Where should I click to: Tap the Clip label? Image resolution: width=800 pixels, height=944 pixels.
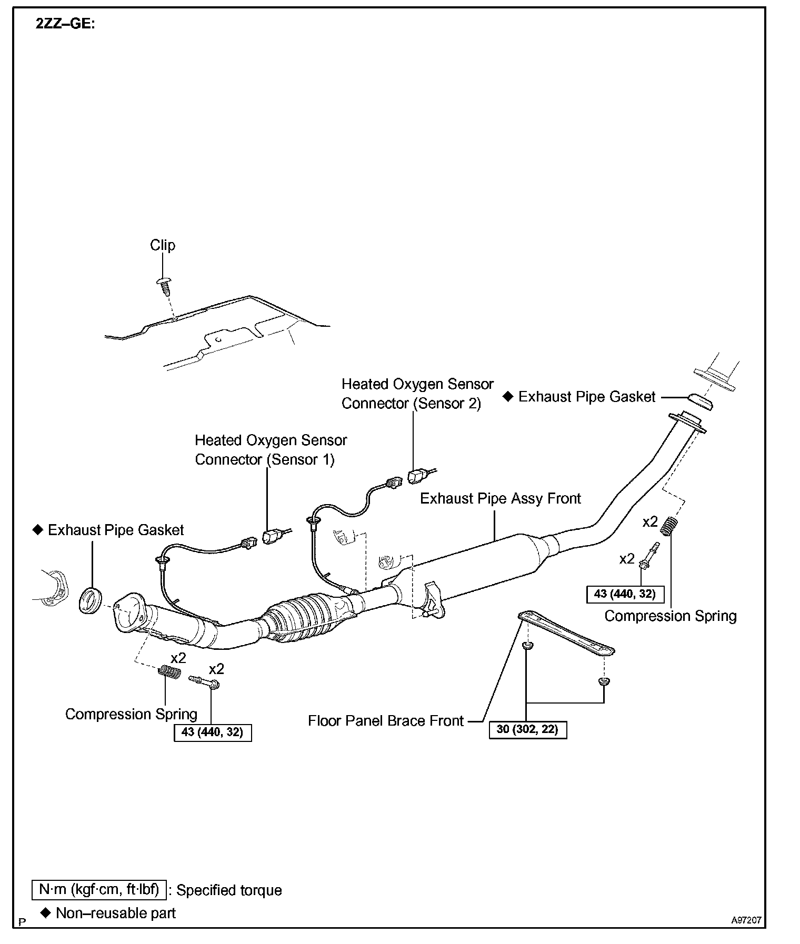(163, 245)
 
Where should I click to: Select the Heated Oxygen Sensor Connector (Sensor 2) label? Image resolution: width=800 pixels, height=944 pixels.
(417, 394)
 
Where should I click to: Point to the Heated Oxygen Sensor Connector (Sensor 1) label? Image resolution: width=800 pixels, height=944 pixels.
(271, 450)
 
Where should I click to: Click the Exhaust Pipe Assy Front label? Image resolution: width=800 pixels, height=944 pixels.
(500, 498)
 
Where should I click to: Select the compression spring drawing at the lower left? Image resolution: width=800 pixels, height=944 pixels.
(170, 672)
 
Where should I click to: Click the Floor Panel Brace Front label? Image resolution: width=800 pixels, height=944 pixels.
(386, 720)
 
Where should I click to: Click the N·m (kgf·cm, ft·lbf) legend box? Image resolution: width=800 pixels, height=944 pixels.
(99, 889)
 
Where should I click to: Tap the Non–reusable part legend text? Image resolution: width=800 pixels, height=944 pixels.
(115, 913)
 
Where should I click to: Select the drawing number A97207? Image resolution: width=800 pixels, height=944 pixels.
(746, 920)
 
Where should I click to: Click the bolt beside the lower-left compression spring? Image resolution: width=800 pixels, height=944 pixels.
(205, 682)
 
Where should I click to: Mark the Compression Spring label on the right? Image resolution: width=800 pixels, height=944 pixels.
(670, 616)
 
